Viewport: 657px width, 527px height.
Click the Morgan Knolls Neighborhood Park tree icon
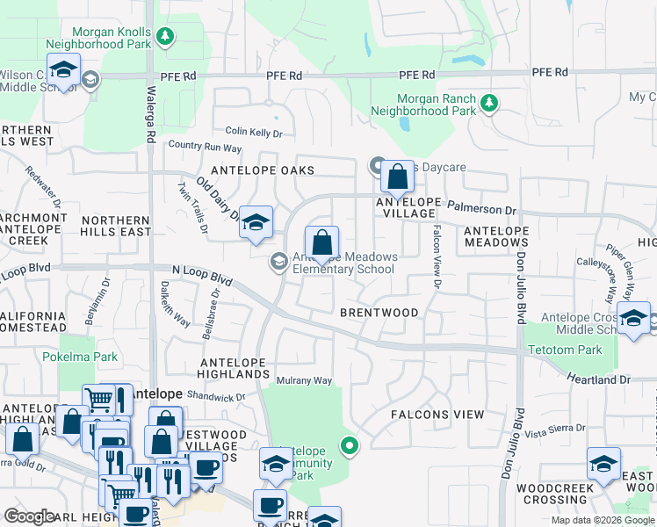point(165,36)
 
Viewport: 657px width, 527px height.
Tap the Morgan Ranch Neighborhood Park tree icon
point(488,105)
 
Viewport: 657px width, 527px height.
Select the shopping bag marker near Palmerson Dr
point(398,177)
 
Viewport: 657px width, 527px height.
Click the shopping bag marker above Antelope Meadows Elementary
point(322,242)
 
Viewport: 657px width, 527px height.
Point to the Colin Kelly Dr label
point(254,133)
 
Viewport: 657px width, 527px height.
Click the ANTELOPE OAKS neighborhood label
point(249,170)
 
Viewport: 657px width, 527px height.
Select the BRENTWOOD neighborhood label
point(379,313)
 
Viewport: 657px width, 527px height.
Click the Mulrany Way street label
point(304,380)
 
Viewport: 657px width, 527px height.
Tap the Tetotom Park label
point(565,350)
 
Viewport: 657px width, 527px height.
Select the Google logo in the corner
point(29,516)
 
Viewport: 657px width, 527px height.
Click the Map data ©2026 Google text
point(603,520)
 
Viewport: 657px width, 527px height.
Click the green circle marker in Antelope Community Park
point(350,446)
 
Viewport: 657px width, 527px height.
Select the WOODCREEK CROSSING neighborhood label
point(552,494)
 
